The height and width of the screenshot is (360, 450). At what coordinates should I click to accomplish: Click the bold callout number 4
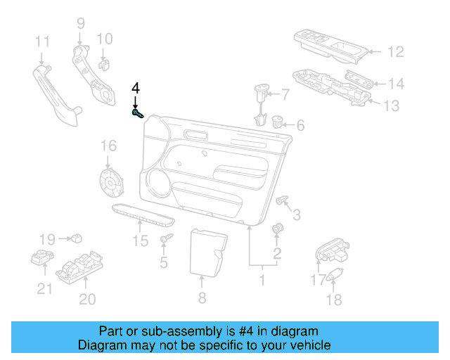[x=136, y=89]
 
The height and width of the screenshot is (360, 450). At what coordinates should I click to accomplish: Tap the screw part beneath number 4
[x=137, y=112]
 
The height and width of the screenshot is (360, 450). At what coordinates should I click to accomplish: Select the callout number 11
[x=42, y=41]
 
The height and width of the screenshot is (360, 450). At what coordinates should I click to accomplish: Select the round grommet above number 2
[x=277, y=229]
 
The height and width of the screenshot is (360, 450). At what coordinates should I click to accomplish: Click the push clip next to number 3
[x=283, y=202]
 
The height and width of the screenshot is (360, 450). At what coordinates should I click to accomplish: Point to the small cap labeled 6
[x=277, y=122]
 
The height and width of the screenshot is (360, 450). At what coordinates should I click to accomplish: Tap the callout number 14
[x=397, y=84]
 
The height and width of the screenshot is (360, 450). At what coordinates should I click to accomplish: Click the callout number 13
[x=391, y=105]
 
